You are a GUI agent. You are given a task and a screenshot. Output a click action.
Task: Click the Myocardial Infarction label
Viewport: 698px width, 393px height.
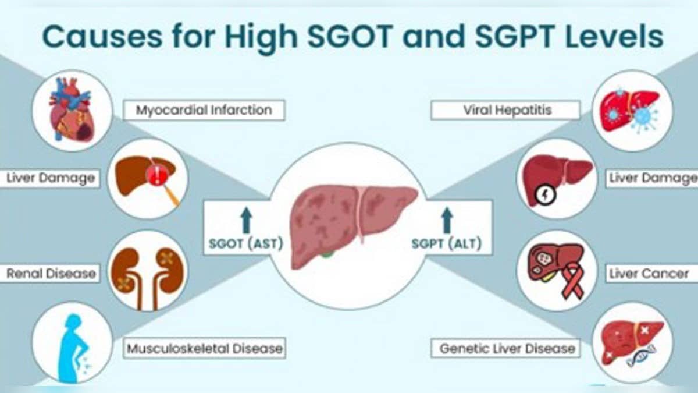tap(204, 109)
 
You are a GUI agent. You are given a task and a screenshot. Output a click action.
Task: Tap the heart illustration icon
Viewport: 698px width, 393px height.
tap(71, 111)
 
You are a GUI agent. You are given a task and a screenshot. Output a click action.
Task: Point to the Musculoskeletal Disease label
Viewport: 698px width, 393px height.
tap(204, 349)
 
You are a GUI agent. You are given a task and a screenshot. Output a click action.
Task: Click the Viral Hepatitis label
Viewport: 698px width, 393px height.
tap(504, 109)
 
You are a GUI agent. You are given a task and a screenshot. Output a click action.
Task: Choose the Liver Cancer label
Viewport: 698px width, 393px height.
tap(649, 273)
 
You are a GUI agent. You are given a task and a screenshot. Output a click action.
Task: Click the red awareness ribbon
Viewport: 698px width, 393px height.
tap(574, 279)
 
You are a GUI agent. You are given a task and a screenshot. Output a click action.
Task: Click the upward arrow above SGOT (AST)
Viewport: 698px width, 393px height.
tap(245, 221)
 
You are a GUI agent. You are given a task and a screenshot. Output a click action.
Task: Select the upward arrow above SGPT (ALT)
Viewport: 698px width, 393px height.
tap(446, 221)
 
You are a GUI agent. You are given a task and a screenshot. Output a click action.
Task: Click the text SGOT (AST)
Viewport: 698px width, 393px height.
tap(245, 244)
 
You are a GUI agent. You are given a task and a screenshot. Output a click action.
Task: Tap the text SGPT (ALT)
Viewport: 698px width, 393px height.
tap(446, 244)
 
